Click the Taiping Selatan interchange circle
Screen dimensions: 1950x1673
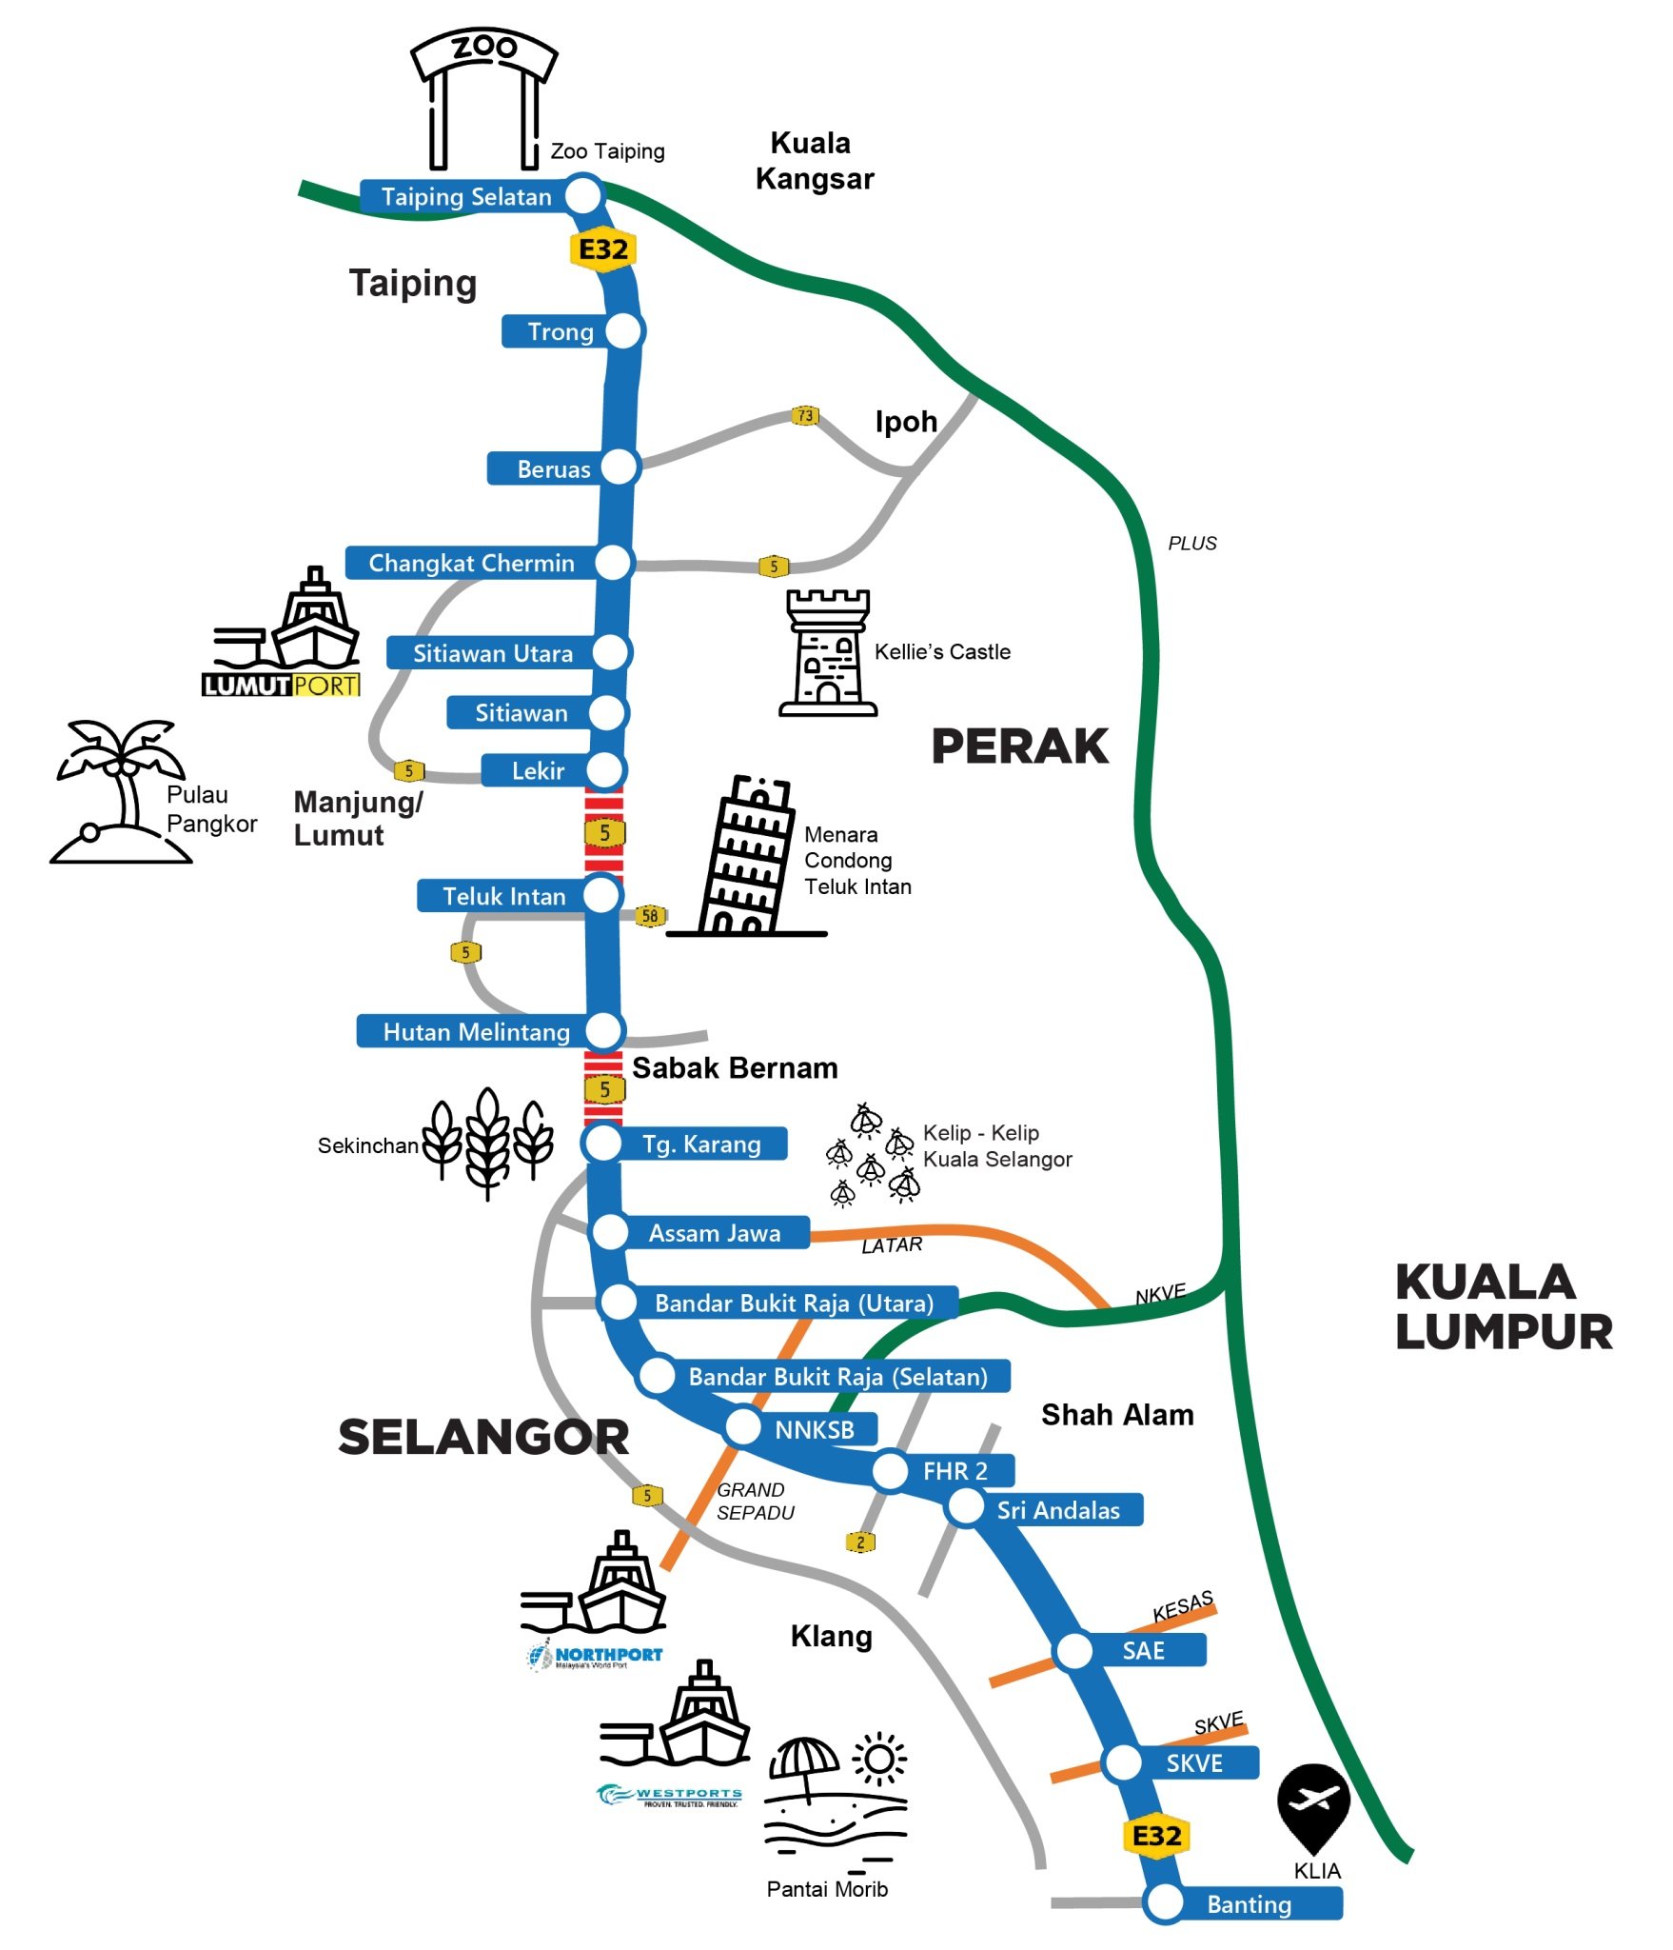(583, 195)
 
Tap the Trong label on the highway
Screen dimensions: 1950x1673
(561, 331)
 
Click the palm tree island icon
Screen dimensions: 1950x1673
(120, 791)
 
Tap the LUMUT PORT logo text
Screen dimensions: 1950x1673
(281, 686)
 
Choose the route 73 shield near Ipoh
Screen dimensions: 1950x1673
(805, 415)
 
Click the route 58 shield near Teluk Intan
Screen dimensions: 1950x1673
(650, 916)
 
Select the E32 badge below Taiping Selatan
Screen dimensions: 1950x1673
(603, 249)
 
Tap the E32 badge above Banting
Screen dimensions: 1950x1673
(1156, 1836)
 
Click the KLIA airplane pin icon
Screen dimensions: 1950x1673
(1312, 1804)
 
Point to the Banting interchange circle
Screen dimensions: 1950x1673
(1164, 1902)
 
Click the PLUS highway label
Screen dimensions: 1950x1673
(1192, 544)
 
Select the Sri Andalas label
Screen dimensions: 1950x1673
(1058, 1510)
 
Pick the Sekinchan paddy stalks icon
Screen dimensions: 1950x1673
(487, 1142)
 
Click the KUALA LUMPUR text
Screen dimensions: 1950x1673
(1503, 1306)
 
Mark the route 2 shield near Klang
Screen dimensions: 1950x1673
(860, 1542)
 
